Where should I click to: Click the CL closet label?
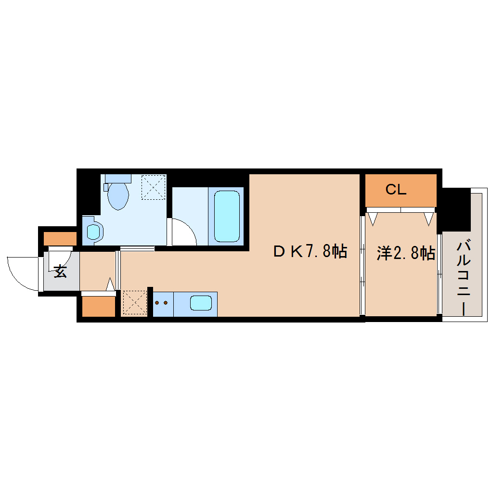(x=396, y=190)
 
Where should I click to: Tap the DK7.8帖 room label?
(x=310, y=251)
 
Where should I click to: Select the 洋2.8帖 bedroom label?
(x=406, y=253)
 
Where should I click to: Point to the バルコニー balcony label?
(x=464, y=279)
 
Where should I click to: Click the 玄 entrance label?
(x=60, y=271)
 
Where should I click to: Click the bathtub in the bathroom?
(x=227, y=216)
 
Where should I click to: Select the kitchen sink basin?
(x=201, y=303)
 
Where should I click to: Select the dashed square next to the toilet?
(x=154, y=187)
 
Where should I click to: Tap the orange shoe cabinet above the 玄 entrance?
(x=60, y=238)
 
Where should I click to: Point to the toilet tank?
(x=118, y=178)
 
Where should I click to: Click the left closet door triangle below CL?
(x=373, y=219)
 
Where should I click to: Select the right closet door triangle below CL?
(x=429, y=219)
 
